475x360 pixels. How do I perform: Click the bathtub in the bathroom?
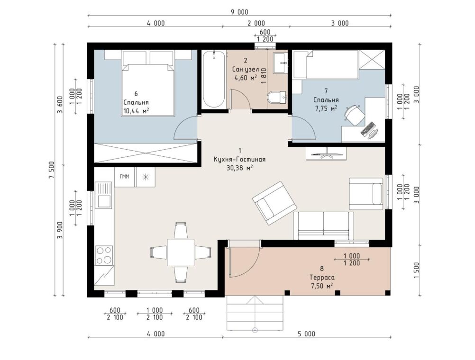pyautogui.click(x=214, y=79)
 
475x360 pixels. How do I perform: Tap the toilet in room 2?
pyautogui.click(x=276, y=98)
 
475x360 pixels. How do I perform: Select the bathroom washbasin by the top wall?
pyautogui.click(x=280, y=63)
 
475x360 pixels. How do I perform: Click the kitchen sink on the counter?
pyautogui.click(x=103, y=195)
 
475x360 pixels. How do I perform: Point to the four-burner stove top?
pyautogui.click(x=104, y=255)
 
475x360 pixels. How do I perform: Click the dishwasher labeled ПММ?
pyautogui.click(x=125, y=177)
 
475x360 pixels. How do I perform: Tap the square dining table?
pyautogui.click(x=181, y=252)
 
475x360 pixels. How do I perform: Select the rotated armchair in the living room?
pyautogui.click(x=274, y=203)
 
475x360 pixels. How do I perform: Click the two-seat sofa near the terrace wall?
pyautogui.click(x=323, y=225)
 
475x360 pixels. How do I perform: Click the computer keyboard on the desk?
pyautogui.click(x=367, y=128)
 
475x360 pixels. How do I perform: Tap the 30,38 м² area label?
pyautogui.click(x=239, y=168)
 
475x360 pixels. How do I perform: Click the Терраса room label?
pyautogui.click(x=322, y=278)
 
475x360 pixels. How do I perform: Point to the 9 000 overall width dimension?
pyautogui.click(x=239, y=12)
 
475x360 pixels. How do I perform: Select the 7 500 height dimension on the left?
pyautogui.click(x=51, y=170)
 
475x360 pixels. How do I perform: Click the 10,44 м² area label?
pyautogui.click(x=136, y=111)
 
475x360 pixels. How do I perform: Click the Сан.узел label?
pyautogui.click(x=246, y=69)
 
